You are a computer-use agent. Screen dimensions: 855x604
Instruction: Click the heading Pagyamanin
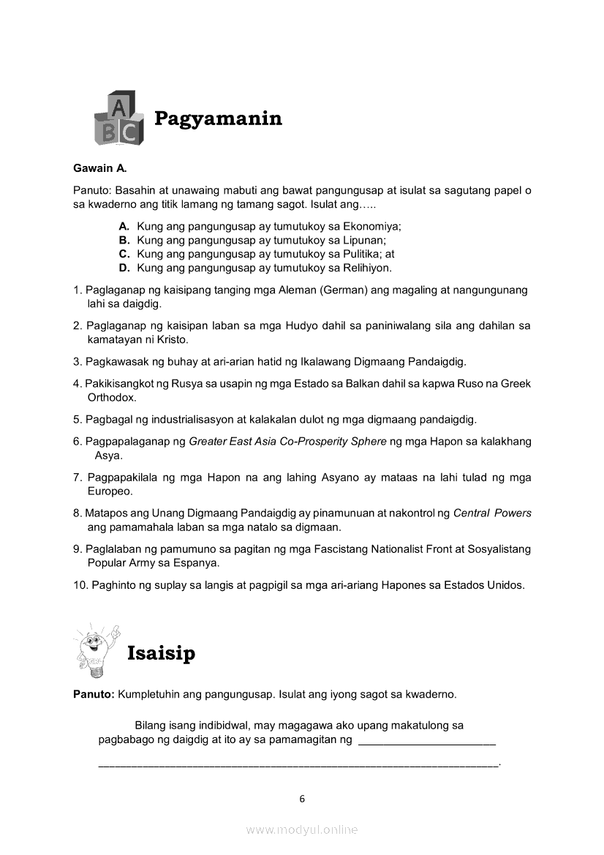218,118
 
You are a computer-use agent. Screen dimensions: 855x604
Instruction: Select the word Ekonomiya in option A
371,227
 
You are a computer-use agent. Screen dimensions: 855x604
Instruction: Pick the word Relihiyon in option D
366,268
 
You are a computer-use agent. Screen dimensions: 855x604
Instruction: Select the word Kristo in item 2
173,340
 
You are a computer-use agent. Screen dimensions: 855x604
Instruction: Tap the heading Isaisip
161,653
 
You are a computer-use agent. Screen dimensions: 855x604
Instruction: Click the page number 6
302,799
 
